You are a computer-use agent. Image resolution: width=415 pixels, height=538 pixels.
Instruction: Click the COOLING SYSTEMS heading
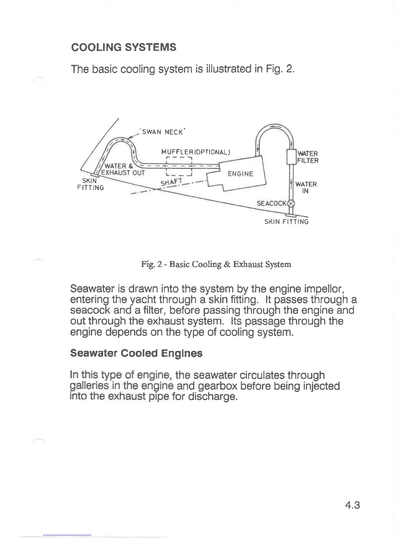pyautogui.click(x=124, y=47)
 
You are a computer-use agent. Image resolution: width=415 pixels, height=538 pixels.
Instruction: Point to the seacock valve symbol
pyautogui.click(x=291, y=204)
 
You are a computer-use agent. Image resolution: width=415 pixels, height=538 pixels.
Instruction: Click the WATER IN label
pyautogui.click(x=306, y=187)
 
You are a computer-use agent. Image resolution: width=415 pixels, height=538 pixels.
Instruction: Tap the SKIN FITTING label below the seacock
pyautogui.click(x=286, y=222)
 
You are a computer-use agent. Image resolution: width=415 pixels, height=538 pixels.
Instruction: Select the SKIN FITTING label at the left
pyautogui.click(x=91, y=184)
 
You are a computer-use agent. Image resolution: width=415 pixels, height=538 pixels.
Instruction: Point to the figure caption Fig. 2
pyautogui.click(x=216, y=264)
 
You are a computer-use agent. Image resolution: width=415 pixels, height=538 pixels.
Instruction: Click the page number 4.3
pyautogui.click(x=352, y=505)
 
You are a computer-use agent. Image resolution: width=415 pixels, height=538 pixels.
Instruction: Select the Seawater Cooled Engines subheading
pyautogui.click(x=136, y=354)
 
